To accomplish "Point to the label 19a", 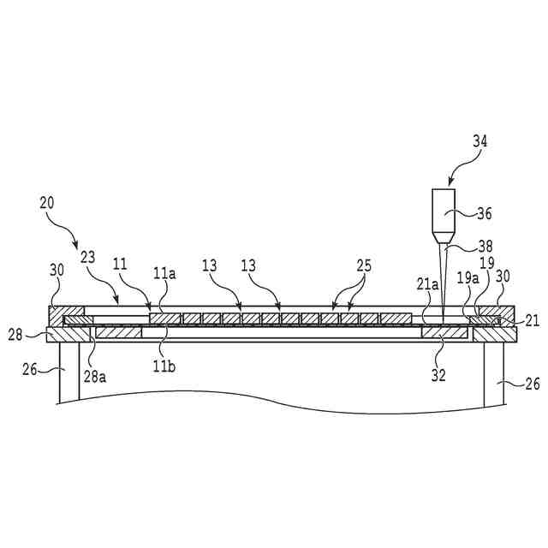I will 467,277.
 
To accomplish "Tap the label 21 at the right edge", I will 532,320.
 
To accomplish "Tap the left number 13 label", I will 208,267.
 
